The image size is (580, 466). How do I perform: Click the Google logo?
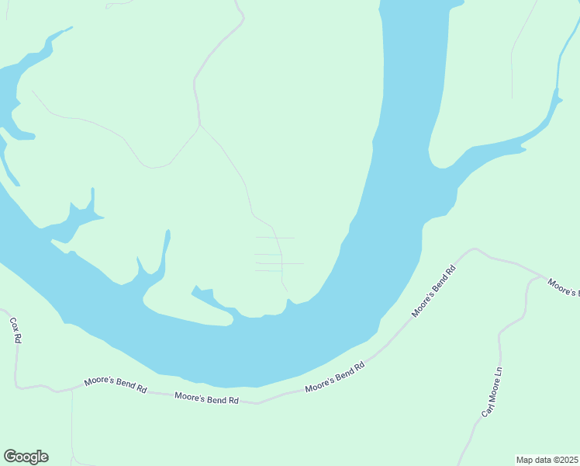tap(26, 457)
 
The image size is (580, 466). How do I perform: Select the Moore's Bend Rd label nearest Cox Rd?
tap(116, 385)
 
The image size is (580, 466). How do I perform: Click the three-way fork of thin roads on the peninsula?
tap(200, 124)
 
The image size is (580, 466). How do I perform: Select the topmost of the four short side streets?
tap(275, 238)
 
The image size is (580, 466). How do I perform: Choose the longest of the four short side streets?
tap(279, 263)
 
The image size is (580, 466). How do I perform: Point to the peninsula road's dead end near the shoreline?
tap(288, 294)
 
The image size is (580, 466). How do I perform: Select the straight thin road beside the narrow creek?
tap(512, 70)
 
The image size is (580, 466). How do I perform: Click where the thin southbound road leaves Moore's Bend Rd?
tap(72, 390)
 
